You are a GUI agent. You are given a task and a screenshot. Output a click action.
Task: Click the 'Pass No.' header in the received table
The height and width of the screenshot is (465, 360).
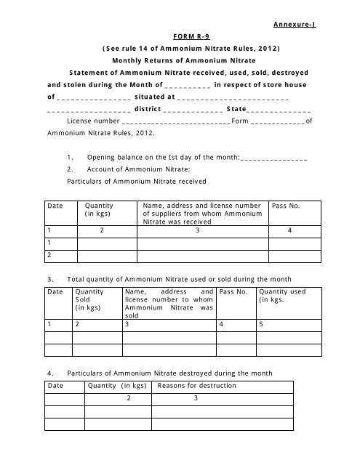[286, 206]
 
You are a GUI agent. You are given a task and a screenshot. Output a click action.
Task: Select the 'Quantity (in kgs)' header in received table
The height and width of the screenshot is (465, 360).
[99, 211]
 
